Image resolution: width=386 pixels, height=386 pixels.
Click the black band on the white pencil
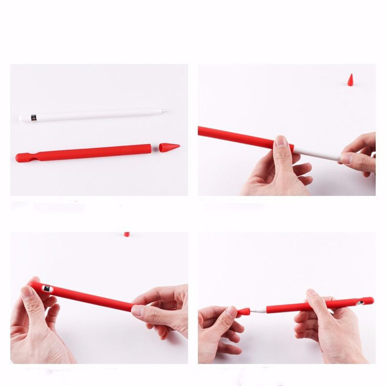pos(33,117)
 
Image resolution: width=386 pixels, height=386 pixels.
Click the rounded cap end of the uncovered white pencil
pos(22,118)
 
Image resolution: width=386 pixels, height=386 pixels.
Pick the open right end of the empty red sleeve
pos(150,148)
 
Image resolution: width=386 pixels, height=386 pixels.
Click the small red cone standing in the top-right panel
pos(350,80)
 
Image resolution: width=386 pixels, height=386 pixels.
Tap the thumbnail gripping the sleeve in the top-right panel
pos(281,141)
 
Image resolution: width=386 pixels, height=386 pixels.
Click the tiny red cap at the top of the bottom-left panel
pos(126,234)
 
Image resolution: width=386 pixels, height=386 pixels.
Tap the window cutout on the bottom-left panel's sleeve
pos(47,288)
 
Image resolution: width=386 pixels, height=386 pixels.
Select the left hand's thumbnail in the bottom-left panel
pos(28,291)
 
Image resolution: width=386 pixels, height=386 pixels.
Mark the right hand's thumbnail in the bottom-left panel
pos(138,310)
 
